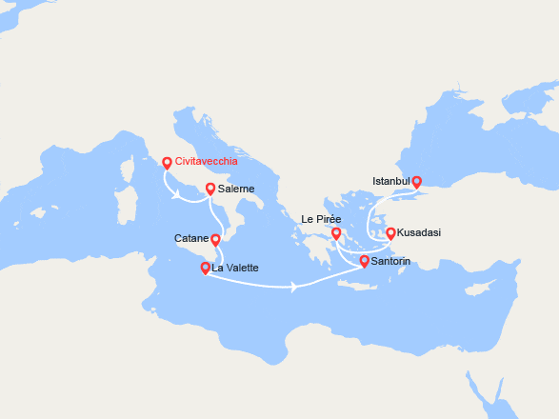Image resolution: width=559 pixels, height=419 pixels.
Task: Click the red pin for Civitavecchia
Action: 168,162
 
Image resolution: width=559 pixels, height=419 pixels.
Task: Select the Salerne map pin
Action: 210,189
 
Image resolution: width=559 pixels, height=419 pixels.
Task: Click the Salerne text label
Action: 236,190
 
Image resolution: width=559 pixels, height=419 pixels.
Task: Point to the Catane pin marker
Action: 215,239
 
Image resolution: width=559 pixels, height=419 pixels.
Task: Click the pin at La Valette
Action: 205,268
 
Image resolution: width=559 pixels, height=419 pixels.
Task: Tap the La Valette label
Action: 235,269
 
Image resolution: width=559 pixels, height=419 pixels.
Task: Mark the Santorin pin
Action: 364,260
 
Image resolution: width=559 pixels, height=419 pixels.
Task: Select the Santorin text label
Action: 392,261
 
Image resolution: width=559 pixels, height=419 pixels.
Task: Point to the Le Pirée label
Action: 320,219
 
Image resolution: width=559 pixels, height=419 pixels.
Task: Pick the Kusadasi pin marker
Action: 389,232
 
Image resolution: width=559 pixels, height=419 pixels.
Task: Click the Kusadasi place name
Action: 419,232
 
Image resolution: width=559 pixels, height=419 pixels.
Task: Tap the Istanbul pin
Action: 416,181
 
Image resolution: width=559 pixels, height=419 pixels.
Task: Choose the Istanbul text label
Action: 390,181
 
